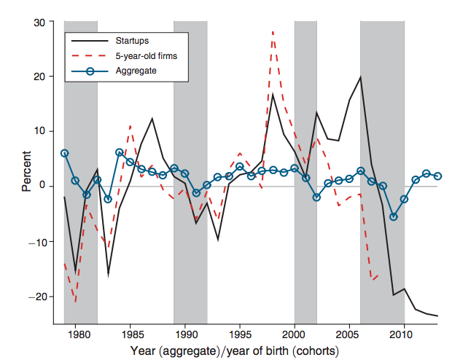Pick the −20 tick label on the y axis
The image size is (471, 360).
(x=38, y=297)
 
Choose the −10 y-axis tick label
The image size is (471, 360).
(x=38, y=241)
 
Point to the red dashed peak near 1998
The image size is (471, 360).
(x=273, y=32)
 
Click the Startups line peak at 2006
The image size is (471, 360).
(x=360, y=77)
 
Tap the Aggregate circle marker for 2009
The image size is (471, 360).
(x=393, y=216)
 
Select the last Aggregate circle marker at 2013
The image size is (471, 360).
(x=437, y=176)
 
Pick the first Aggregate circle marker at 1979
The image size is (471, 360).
(x=65, y=153)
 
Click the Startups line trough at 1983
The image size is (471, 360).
(x=109, y=274)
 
